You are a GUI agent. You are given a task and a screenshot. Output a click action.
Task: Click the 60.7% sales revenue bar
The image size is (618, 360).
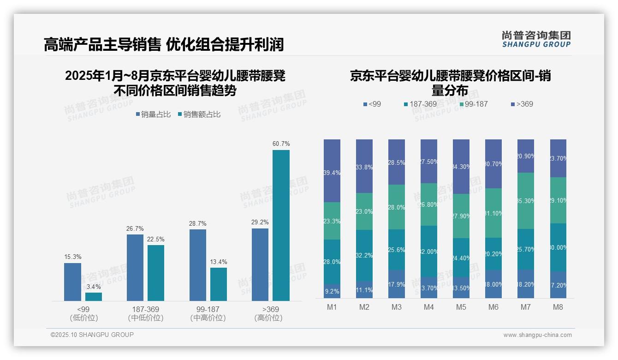(281, 225)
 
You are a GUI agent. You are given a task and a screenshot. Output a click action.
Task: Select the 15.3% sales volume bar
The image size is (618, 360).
(72, 282)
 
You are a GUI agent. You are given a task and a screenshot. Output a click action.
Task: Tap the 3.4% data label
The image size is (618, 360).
(93, 287)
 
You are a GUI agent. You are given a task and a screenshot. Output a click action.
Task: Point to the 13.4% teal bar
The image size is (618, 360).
(218, 284)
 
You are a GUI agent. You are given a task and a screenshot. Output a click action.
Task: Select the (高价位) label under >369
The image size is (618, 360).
(268, 318)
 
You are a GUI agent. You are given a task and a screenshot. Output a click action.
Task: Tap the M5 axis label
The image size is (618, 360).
(461, 307)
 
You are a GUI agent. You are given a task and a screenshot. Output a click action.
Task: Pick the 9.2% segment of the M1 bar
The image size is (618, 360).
(332, 291)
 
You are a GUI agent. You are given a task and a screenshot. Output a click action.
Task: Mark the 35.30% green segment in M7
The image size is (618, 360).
(526, 201)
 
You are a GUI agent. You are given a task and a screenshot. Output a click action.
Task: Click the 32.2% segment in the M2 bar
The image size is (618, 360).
(364, 255)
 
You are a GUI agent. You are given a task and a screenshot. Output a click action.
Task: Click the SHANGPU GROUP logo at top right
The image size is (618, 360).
(536, 39)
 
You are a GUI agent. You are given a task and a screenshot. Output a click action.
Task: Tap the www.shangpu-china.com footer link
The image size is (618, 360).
(537, 335)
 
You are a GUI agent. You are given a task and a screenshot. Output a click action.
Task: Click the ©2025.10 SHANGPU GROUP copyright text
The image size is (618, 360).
(92, 335)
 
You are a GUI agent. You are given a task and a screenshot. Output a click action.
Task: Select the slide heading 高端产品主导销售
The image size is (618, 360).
(102, 44)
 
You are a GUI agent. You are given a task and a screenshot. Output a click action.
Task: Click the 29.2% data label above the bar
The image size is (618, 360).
(260, 222)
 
